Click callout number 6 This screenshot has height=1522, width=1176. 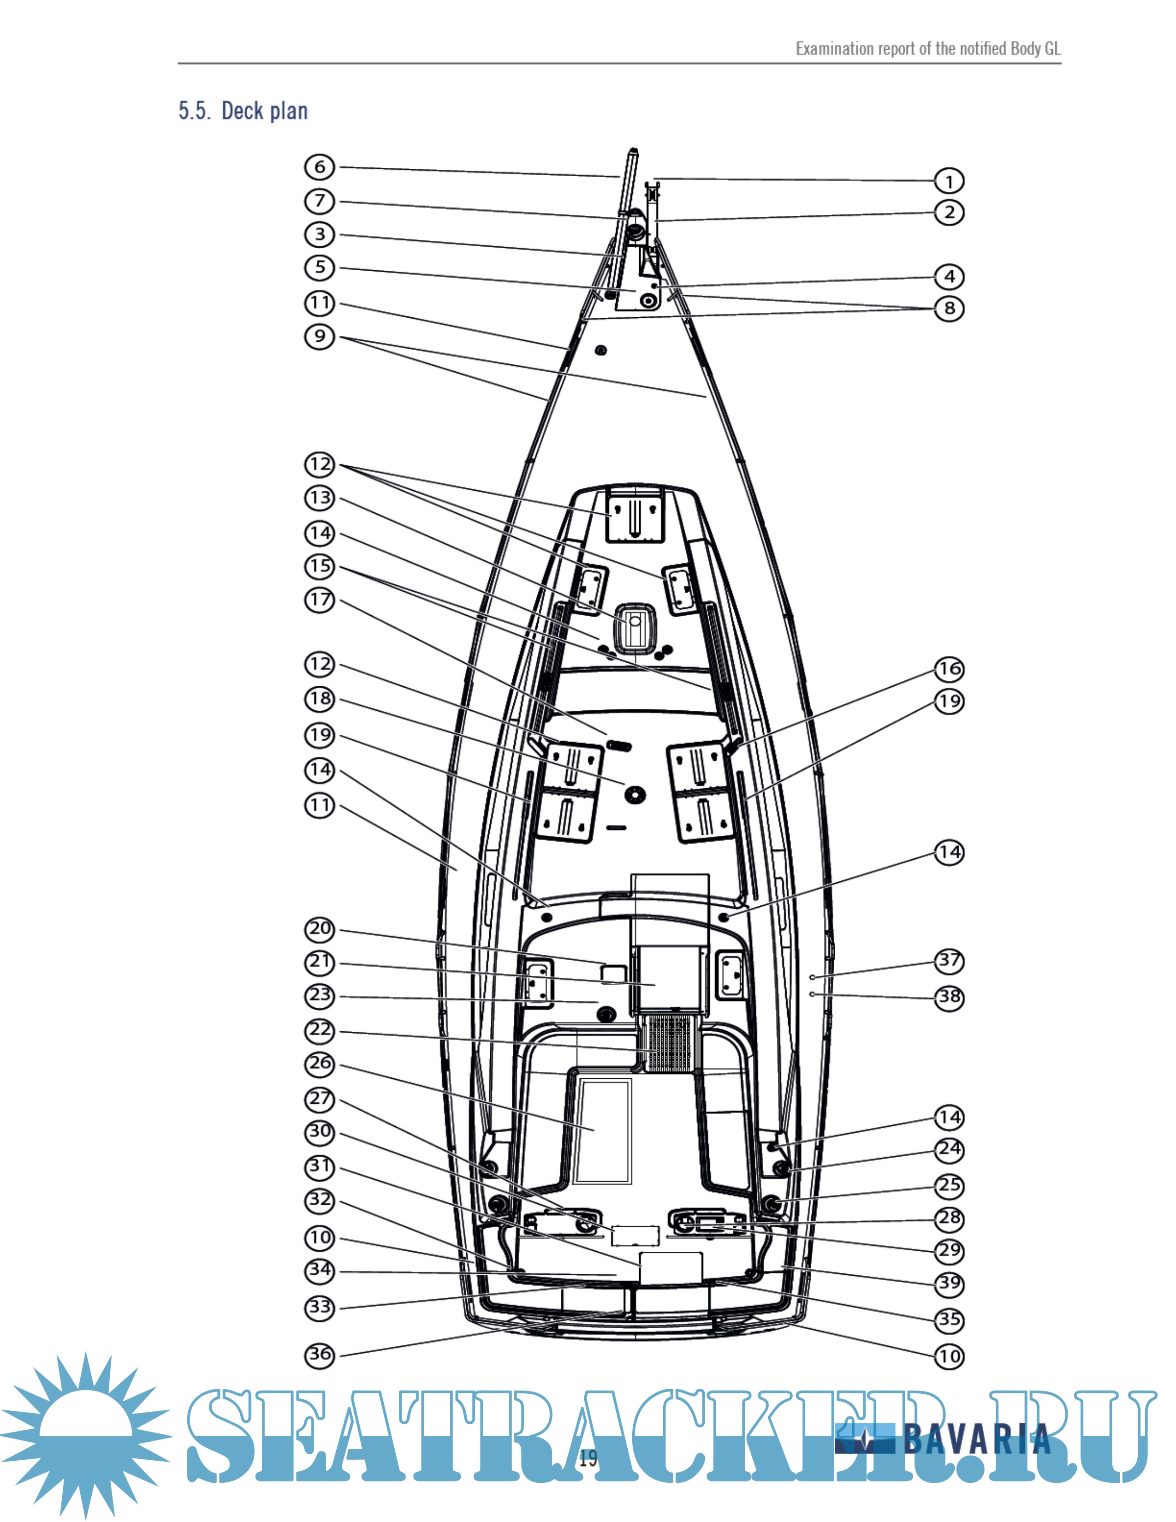point(320,167)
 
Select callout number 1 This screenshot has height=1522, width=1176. point(949,181)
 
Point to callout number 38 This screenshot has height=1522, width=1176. point(949,997)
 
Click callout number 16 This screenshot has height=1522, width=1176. point(949,669)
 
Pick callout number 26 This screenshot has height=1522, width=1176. point(320,1064)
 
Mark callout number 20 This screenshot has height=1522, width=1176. point(320,929)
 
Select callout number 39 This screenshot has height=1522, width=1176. point(949,1283)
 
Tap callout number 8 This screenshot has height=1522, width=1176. point(949,308)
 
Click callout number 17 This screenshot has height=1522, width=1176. point(320,600)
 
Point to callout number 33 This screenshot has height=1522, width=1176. point(320,1307)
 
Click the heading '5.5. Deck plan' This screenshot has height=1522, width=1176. point(243,111)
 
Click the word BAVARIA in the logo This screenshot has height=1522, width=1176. point(977,1439)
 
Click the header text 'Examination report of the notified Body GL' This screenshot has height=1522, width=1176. point(928,49)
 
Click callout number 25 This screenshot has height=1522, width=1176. point(949,1185)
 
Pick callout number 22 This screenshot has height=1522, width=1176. point(320,1030)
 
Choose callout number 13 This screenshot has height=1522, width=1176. point(320,498)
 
